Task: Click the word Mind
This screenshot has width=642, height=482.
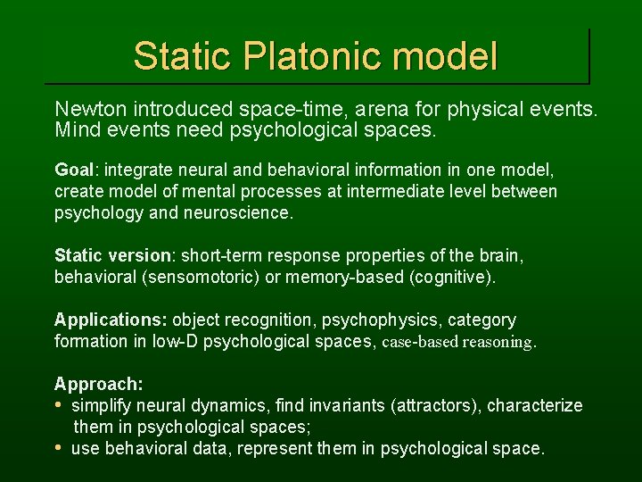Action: tap(76, 130)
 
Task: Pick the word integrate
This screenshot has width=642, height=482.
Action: tap(141, 170)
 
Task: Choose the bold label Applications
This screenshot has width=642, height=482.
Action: tap(111, 320)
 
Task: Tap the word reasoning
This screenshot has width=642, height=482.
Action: tap(498, 341)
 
